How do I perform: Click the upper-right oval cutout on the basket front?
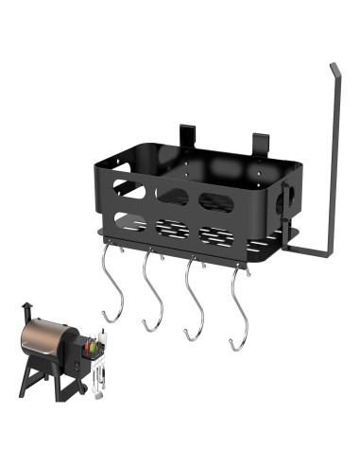[215, 200]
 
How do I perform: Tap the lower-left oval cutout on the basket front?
[130, 223]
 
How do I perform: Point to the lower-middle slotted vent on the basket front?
[172, 229]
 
